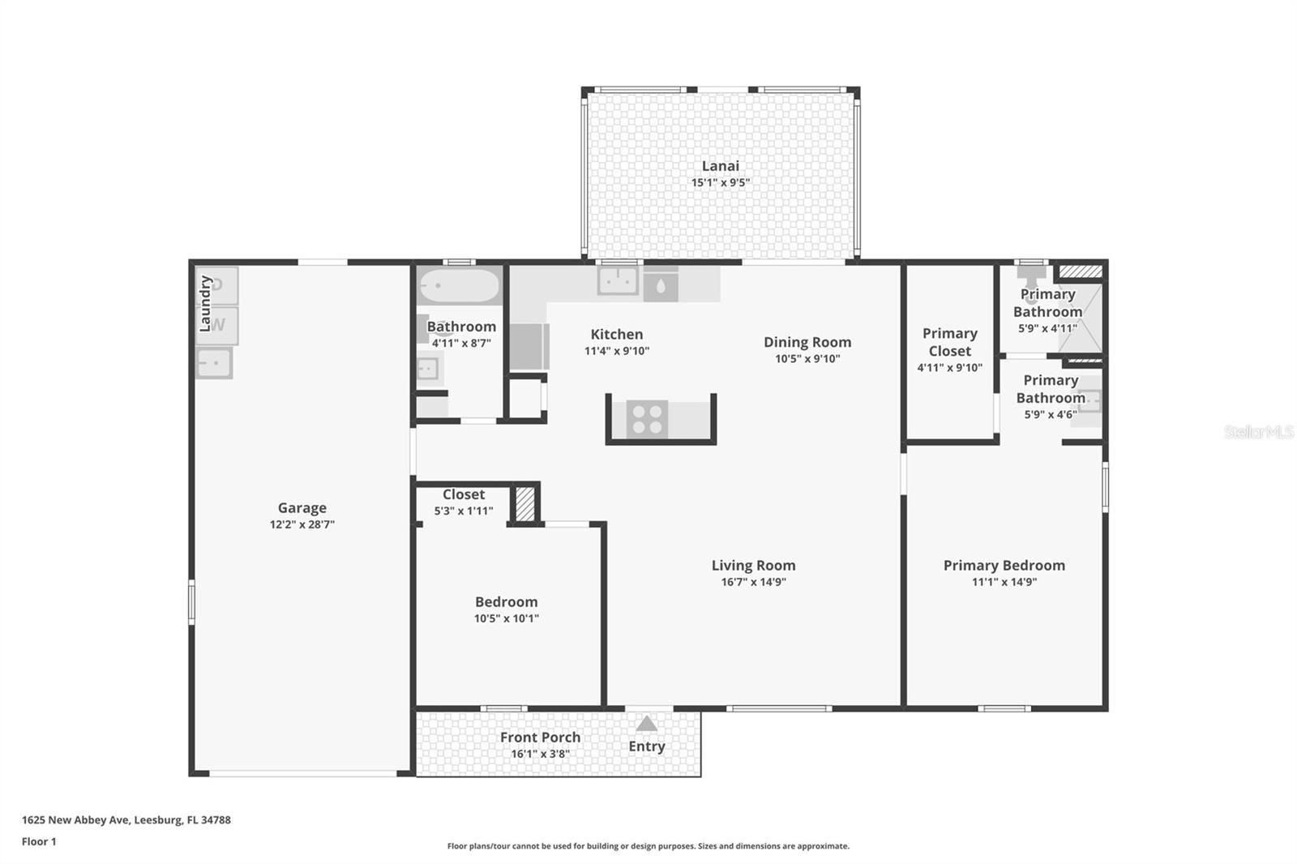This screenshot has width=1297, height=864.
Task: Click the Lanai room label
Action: click(x=720, y=165)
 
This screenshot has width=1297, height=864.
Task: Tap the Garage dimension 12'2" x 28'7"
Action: click(x=302, y=524)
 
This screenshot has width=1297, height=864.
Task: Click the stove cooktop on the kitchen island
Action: click(x=647, y=419)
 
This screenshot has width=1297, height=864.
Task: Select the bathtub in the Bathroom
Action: click(x=459, y=287)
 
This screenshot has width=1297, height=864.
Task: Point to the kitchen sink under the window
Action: click(x=618, y=280)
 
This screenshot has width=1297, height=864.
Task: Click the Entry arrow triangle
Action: click(x=646, y=724)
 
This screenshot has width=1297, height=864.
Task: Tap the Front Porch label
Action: click(x=540, y=737)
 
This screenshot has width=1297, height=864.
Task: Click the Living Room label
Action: click(x=753, y=565)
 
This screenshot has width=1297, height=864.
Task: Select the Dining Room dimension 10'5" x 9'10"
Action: click(x=807, y=358)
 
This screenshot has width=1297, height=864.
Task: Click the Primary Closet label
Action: click(x=949, y=342)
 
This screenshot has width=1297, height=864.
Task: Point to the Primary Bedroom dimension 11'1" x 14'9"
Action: click(x=1004, y=581)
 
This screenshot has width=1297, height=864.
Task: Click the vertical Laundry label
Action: click(x=205, y=303)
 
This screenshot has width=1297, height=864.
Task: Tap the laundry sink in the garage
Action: click(x=214, y=362)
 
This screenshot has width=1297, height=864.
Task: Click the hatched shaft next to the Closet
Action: click(x=525, y=503)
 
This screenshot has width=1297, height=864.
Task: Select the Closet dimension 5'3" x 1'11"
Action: click(x=463, y=511)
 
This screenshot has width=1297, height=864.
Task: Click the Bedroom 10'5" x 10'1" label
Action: click(x=506, y=610)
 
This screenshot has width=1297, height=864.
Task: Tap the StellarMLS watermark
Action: click(x=1257, y=432)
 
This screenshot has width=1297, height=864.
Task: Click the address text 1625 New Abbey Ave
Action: click(x=126, y=819)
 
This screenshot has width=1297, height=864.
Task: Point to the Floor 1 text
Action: click(x=39, y=841)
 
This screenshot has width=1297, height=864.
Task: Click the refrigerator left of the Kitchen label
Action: click(x=529, y=346)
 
